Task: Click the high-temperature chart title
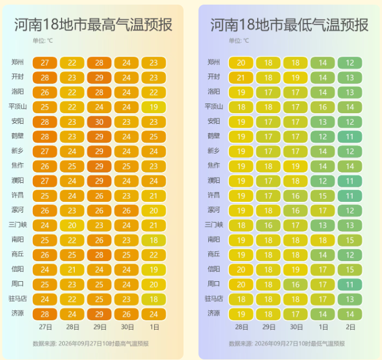coord(93,25)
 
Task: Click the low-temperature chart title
coord(289,25)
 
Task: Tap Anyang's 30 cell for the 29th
coord(99,122)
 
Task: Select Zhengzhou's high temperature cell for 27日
coord(45,63)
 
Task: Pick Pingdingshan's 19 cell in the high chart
coord(154,107)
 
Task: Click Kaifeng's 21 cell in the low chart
coord(241,78)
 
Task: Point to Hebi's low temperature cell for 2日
coord(350,137)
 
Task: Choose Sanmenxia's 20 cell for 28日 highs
coord(72,225)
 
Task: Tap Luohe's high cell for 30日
coord(127,210)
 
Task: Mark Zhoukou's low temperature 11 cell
coord(350,285)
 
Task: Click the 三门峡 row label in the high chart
coord(17,225)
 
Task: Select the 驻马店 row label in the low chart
coord(213,298)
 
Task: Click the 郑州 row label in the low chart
coord(213,62)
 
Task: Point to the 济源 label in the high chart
coord(17,313)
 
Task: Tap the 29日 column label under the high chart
coord(100,327)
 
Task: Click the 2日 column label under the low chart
coord(350,327)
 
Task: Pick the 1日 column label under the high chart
coord(154,327)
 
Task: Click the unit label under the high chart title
coord(43,40)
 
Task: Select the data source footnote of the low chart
coord(286,343)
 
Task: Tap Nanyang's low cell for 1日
coord(323,240)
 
